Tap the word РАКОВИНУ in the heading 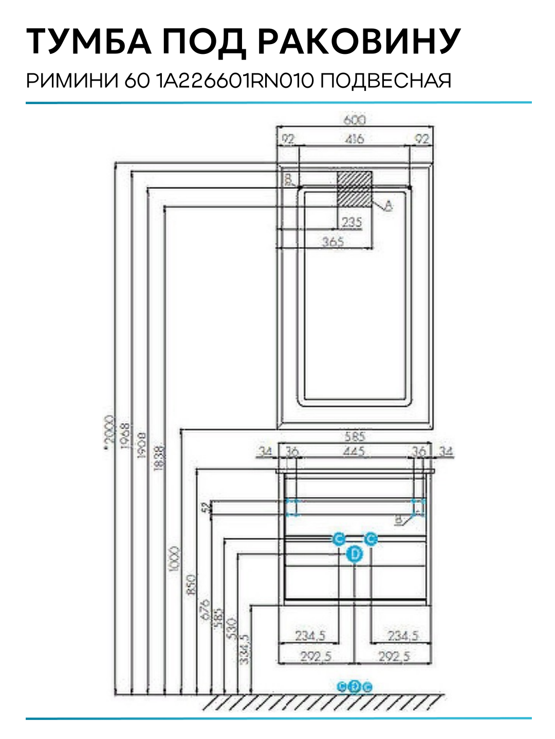coord(359,42)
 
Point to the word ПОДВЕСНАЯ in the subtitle coord(386,81)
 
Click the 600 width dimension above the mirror coord(355,120)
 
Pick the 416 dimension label coord(355,139)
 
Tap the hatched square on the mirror coord(354,189)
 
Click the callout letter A coord(388,206)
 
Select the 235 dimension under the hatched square coord(351,222)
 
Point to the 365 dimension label coord(333,242)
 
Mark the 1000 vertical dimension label coord(175,559)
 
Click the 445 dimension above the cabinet coord(355,452)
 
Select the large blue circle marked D coord(355,554)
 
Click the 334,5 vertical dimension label coord(245,649)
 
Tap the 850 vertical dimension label coord(191,585)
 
